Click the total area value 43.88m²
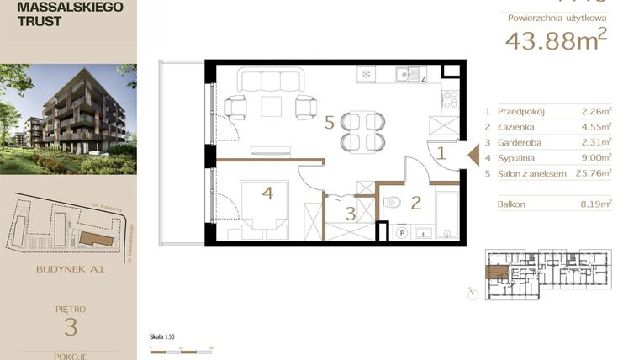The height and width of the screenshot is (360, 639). [x=556, y=40]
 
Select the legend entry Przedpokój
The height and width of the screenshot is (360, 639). [x=521, y=110]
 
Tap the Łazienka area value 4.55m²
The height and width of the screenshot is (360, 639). [x=596, y=126]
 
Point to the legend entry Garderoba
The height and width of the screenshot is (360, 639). [x=519, y=142]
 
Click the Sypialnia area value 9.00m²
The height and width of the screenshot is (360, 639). [x=595, y=158]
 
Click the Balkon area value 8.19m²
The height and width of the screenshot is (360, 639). [x=596, y=204]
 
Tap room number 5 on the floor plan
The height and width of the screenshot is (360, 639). [x=330, y=123]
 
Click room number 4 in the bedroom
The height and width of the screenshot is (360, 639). [x=267, y=193]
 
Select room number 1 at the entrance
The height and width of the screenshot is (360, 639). [x=440, y=153]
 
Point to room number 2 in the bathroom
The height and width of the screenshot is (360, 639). [x=415, y=202]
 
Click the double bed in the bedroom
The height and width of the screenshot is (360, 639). [x=267, y=206]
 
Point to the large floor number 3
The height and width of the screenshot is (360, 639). [x=70, y=326]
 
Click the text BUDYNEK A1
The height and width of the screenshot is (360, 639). [x=70, y=270]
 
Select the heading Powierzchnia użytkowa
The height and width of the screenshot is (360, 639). [x=557, y=17]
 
